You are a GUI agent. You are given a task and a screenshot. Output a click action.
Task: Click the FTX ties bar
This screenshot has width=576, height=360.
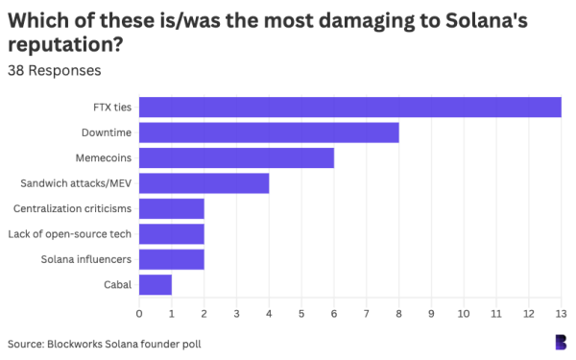pos(350,108)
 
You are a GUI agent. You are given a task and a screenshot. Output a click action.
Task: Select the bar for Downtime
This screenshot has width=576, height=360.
pos(269,132)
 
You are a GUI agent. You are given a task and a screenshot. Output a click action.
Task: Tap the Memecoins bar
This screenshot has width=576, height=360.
pos(236,157)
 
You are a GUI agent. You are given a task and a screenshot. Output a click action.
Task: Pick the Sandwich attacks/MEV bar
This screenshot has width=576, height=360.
pos(204,182)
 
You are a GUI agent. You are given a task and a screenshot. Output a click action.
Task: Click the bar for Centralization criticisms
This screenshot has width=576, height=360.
pos(172,208)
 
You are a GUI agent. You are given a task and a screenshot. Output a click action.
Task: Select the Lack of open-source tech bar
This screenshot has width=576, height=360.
pos(172,233)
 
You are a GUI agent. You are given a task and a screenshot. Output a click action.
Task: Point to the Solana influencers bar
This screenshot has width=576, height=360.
pos(172,259)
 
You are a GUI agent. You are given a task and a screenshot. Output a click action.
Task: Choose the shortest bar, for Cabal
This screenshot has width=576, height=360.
pos(156,284)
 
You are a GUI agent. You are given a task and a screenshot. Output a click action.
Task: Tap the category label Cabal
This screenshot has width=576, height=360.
pos(118,284)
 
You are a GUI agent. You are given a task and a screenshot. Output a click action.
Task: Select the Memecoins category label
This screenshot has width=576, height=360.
pos(104,157)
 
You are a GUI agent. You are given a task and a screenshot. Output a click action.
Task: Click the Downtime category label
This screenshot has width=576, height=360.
pos(108,132)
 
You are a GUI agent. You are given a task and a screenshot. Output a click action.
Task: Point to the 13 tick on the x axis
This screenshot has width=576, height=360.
pos(561,312)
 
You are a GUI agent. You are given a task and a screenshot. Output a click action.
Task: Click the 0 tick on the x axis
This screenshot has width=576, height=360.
pos(139,312)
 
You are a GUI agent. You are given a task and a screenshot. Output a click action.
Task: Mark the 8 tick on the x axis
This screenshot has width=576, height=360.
pos(398,312)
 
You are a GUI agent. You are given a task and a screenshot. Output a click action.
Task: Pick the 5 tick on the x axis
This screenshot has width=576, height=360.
pos(301,312)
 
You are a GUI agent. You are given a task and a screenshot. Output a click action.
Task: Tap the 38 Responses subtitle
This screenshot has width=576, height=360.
pos(54,70)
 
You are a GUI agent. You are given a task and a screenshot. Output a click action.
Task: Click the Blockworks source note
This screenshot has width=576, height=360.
pos(105,343)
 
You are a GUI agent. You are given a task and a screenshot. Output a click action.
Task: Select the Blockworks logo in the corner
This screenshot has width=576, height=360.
pos(560,342)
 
